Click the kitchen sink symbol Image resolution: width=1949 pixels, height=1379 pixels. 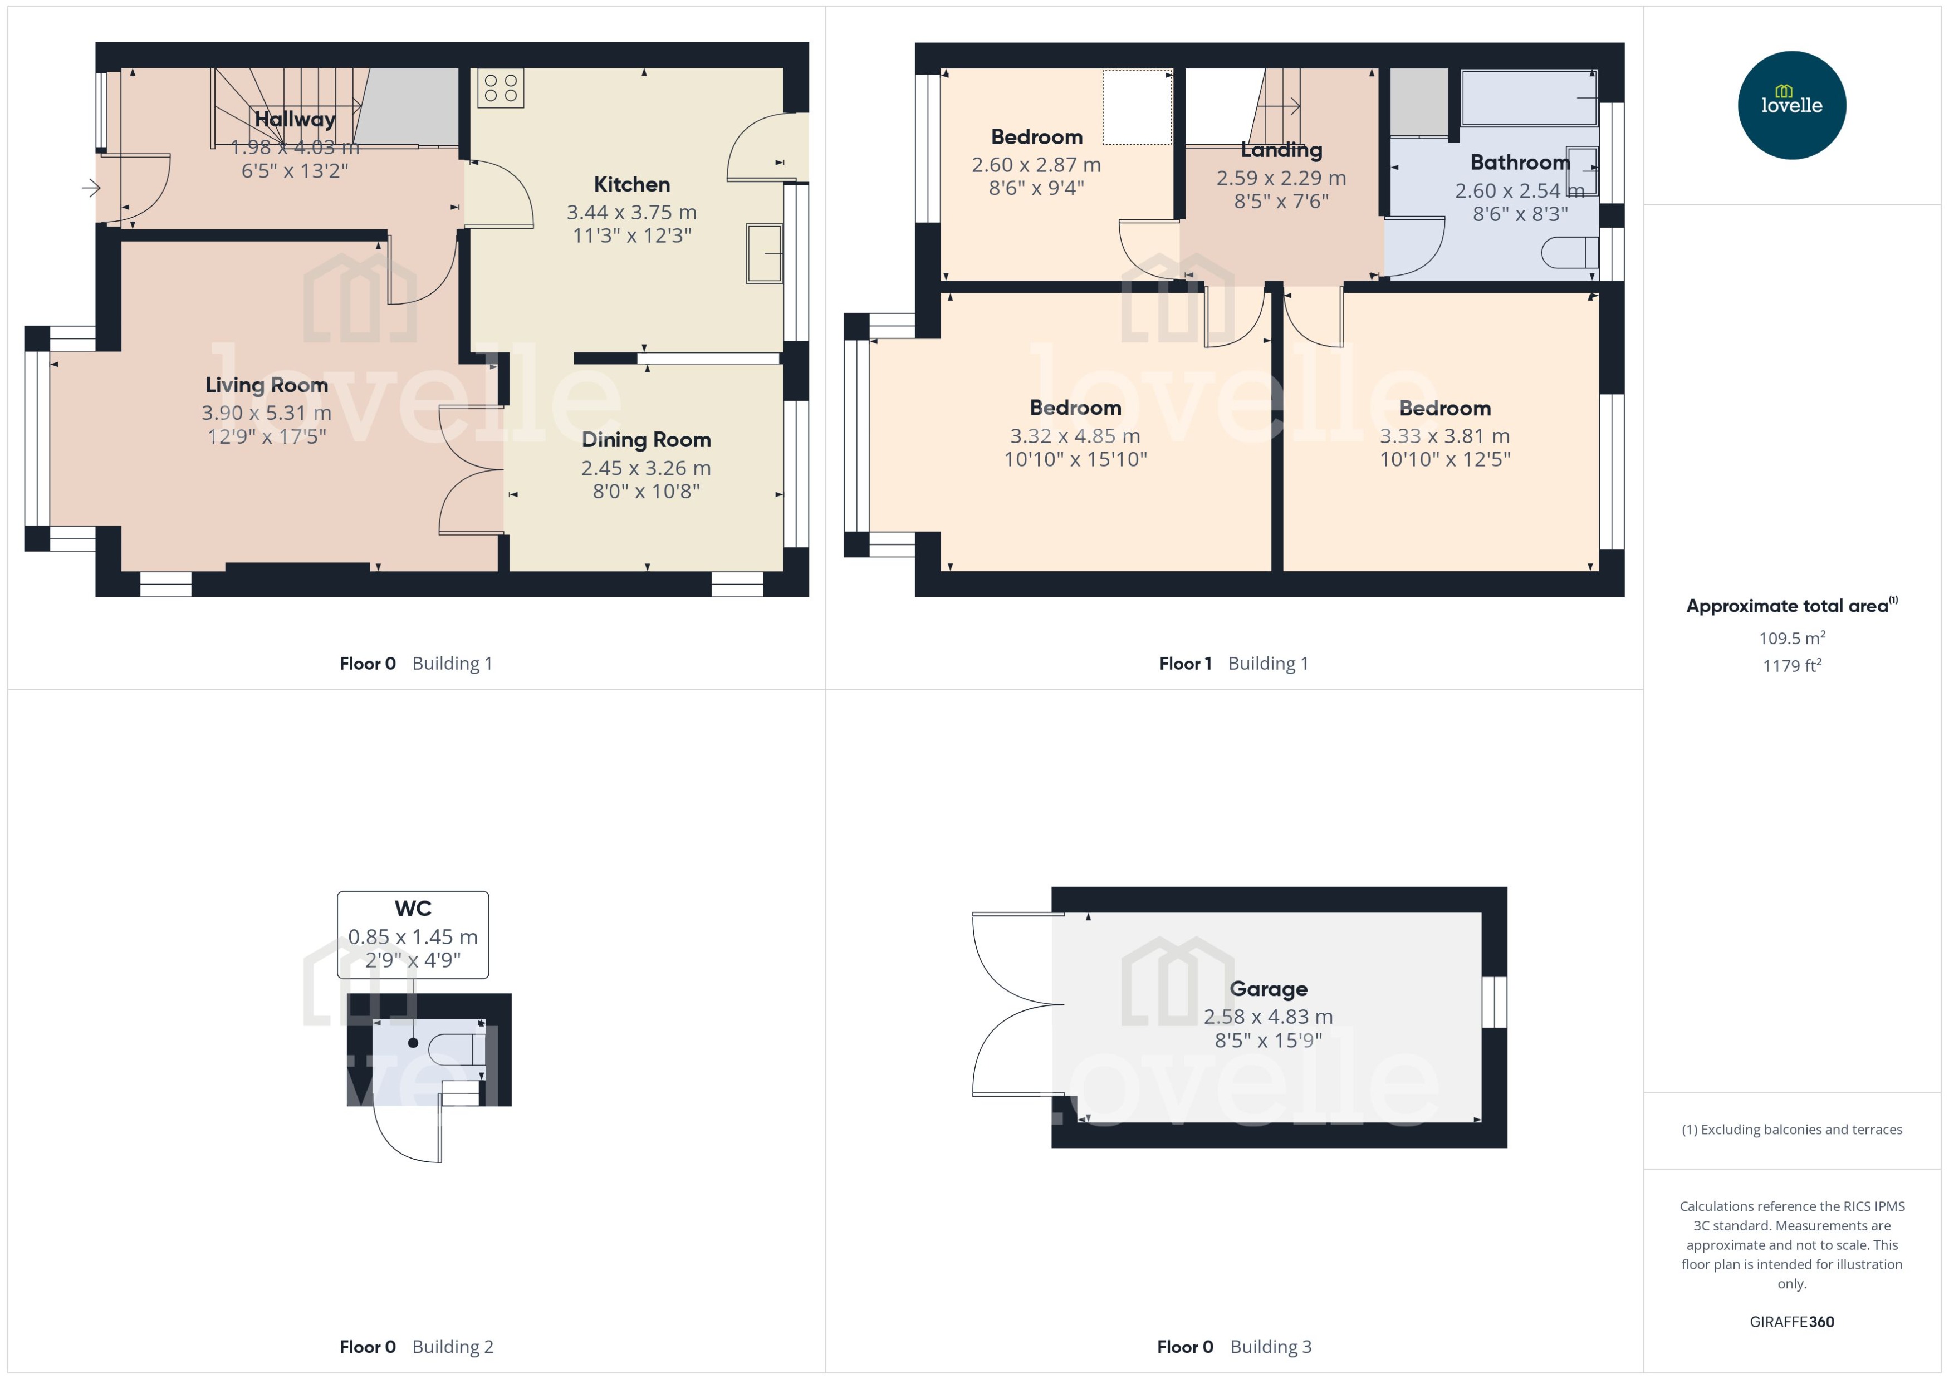tap(763, 253)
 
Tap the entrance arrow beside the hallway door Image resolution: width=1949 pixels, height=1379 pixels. tap(91, 188)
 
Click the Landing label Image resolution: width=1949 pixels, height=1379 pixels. tap(1281, 150)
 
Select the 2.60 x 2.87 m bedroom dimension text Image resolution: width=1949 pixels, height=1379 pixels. tap(1036, 165)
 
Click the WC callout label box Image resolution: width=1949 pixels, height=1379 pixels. tap(413, 934)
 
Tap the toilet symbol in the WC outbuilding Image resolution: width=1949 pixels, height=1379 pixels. tap(457, 1049)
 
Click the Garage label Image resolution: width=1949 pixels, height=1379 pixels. tap(1268, 989)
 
